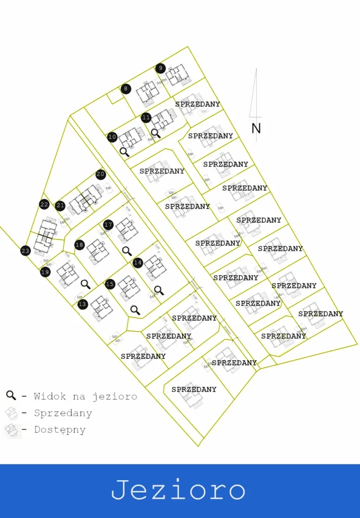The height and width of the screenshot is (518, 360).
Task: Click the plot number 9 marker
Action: tap(160, 68)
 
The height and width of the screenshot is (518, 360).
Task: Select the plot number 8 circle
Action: tap(126, 89)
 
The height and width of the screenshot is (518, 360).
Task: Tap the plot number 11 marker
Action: tap(146, 118)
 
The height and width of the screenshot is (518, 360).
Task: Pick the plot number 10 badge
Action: tap(112, 137)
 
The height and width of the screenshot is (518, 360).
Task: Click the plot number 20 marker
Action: tap(101, 175)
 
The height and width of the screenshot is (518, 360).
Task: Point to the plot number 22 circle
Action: tap(44, 204)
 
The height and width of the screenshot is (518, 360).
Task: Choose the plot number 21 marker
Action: tap(61, 205)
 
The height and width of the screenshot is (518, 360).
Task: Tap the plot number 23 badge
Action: tap(25, 251)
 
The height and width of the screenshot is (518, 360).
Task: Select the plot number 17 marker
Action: tap(108, 225)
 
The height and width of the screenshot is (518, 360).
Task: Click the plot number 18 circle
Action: tap(79, 245)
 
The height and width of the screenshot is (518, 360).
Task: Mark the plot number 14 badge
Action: tap(138, 263)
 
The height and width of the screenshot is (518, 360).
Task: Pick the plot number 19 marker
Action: tap(46, 272)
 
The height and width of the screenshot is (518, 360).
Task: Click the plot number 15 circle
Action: tap(110, 284)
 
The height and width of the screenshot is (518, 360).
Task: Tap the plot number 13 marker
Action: tap(82, 304)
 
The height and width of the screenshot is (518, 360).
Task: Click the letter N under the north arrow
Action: tap(256, 128)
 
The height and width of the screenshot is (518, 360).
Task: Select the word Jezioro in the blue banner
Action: tap(178, 491)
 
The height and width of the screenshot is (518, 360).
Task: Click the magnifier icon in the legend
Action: tap(11, 396)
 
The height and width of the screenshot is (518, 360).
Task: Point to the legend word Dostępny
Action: tap(60, 430)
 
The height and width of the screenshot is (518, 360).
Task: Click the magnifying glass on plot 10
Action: tap(124, 151)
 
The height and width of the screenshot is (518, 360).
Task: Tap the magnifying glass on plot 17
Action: tap(126, 250)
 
